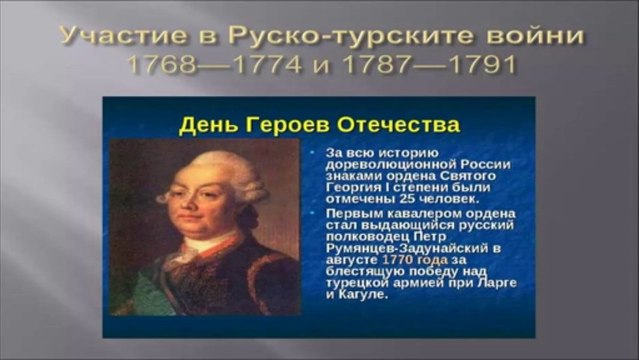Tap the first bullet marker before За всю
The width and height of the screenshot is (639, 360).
click(314, 151)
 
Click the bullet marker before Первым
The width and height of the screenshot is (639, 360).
click(314, 213)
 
